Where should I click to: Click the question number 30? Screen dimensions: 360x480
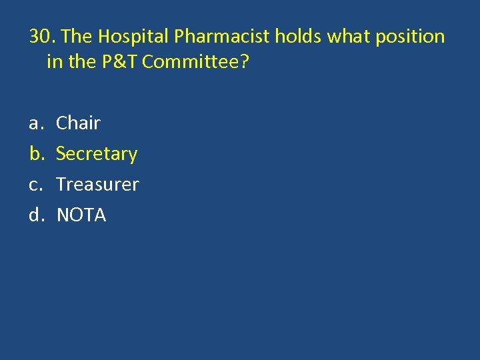41,36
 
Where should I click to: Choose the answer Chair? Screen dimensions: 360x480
78,123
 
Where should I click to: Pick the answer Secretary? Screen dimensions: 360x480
97,154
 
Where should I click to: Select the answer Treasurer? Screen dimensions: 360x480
97,184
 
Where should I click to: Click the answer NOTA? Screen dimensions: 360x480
81,215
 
